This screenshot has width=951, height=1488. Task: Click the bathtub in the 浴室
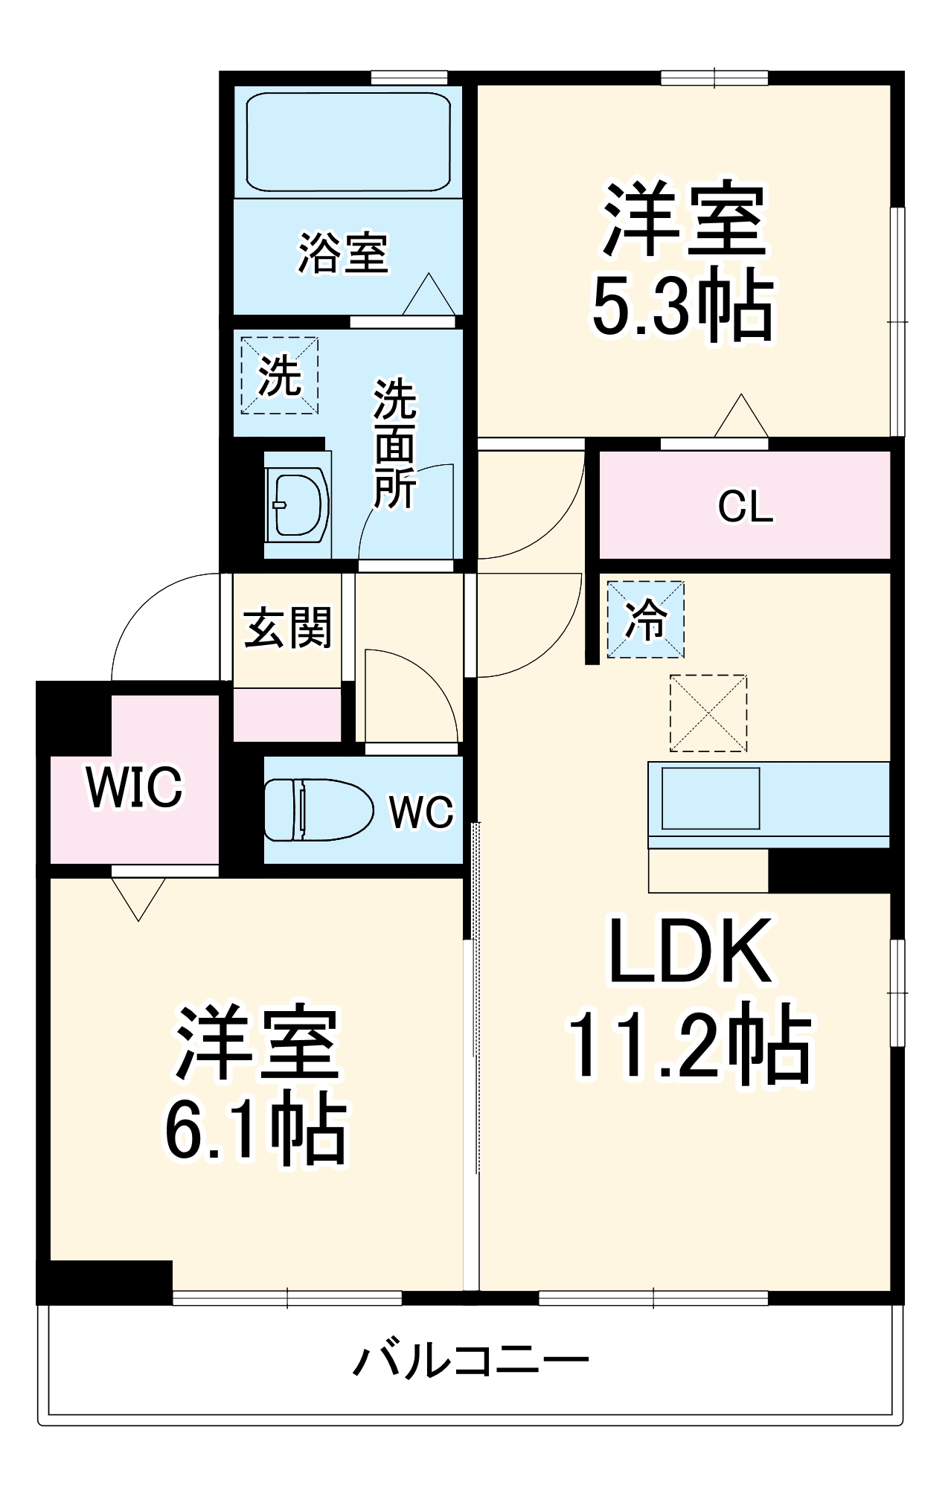pyautogui.click(x=348, y=141)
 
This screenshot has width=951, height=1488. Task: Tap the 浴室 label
pyautogui.click(x=343, y=254)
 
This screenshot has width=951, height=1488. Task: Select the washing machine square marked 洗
pyautogui.click(x=280, y=376)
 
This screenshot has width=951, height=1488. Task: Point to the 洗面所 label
pyautogui.click(x=394, y=444)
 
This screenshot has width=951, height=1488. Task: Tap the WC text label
pyautogui.click(x=421, y=812)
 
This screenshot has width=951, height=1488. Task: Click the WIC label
pyautogui.click(x=135, y=787)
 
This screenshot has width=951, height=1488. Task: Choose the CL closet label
pyautogui.click(x=745, y=507)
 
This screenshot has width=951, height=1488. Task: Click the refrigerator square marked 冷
pyautogui.click(x=645, y=619)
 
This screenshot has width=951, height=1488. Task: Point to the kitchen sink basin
pyautogui.click(x=711, y=798)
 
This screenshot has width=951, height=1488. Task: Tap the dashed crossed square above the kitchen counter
pyautogui.click(x=708, y=713)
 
